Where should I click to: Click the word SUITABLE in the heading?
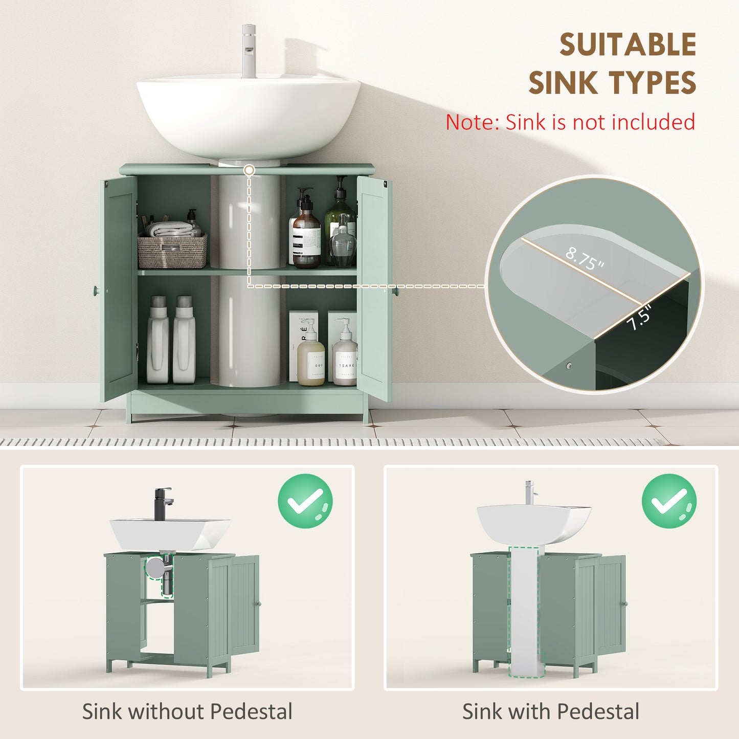[628, 45]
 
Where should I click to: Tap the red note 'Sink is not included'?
[570, 123]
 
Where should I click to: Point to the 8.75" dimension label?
[585, 259]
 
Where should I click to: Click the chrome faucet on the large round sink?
[249, 51]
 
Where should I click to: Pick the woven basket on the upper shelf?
[172, 252]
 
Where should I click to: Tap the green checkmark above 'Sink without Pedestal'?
[305, 501]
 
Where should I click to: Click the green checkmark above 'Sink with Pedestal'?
[669, 501]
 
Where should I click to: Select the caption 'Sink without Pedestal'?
[187, 711]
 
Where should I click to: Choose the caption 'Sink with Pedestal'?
[551, 711]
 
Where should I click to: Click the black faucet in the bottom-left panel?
[163, 504]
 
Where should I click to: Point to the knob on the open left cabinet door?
[96, 290]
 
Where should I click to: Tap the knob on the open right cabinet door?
[395, 291]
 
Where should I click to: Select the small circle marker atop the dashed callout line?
[249, 170]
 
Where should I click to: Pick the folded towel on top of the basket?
[169, 229]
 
